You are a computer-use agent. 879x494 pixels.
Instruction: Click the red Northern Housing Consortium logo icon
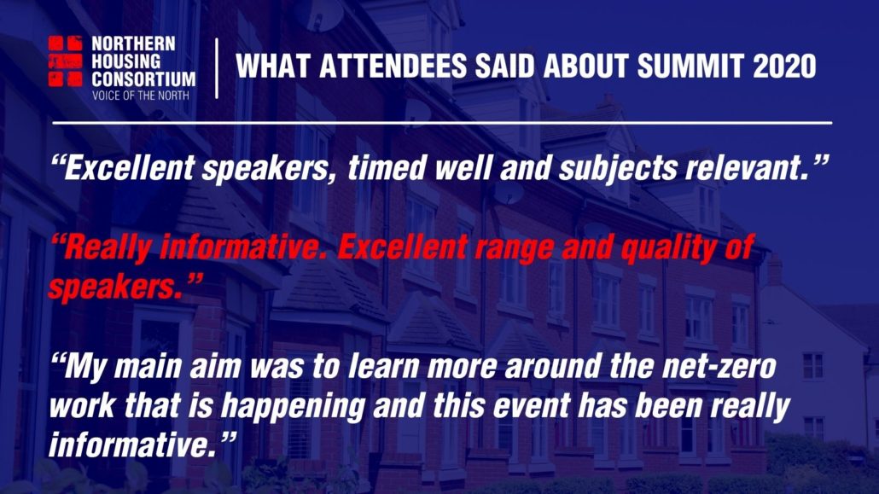[65, 61]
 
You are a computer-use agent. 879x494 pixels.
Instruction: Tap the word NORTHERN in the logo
[133, 44]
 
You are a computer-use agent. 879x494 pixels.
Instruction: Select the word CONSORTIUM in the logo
[143, 79]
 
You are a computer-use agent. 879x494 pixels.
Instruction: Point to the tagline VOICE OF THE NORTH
[140, 96]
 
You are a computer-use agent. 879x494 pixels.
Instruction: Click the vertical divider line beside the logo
[217, 68]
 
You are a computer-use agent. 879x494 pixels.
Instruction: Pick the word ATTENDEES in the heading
[393, 67]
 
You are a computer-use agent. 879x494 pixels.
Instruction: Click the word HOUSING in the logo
[126, 61]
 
